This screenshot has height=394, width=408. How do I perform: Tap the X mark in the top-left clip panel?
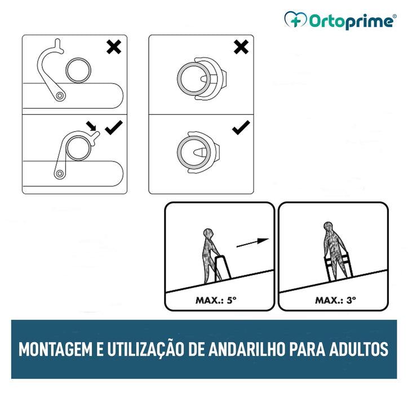pos(114,47)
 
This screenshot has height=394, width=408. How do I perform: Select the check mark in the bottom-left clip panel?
pos(114,128)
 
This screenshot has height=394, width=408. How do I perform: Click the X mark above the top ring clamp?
pos(241,47)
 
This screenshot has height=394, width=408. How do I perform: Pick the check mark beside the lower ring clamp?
pos(241,128)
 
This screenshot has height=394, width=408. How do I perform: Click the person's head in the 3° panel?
pos(328,227)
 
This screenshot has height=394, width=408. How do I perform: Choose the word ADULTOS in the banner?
pos(359,349)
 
